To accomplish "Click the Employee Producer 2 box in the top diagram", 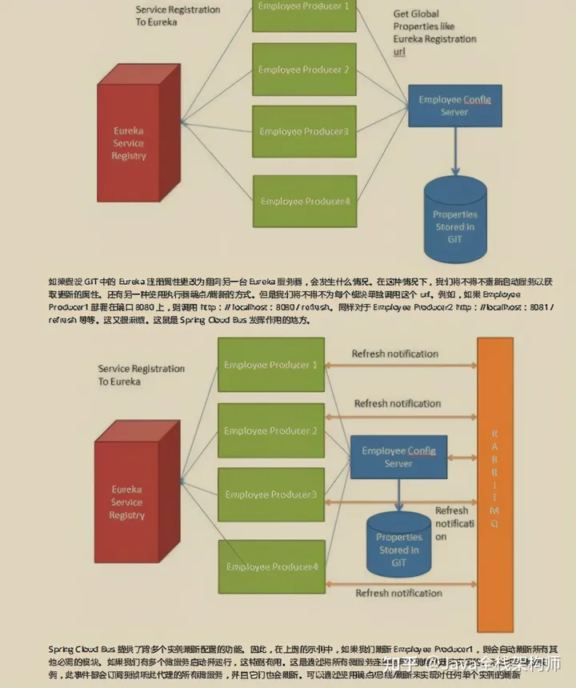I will (x=304, y=70).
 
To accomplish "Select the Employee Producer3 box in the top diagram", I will (x=304, y=131).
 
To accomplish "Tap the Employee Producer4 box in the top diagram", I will (x=305, y=201).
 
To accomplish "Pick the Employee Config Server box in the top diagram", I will (x=454, y=106).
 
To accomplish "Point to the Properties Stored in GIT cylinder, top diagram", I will (x=454, y=221).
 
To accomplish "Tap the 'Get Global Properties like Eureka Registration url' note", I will (x=434, y=33).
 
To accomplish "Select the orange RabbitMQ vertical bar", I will (x=494, y=485).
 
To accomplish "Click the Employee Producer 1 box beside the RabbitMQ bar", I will (x=271, y=365).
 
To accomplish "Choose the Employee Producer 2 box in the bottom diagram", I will (x=271, y=431).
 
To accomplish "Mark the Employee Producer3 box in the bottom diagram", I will (x=271, y=494).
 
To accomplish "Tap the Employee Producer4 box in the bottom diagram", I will (x=271, y=566).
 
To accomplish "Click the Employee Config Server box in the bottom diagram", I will (x=398, y=458).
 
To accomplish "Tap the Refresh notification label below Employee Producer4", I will (x=398, y=593).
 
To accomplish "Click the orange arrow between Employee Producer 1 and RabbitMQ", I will (x=400, y=366).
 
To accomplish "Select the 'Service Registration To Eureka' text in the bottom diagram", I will (x=141, y=375).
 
